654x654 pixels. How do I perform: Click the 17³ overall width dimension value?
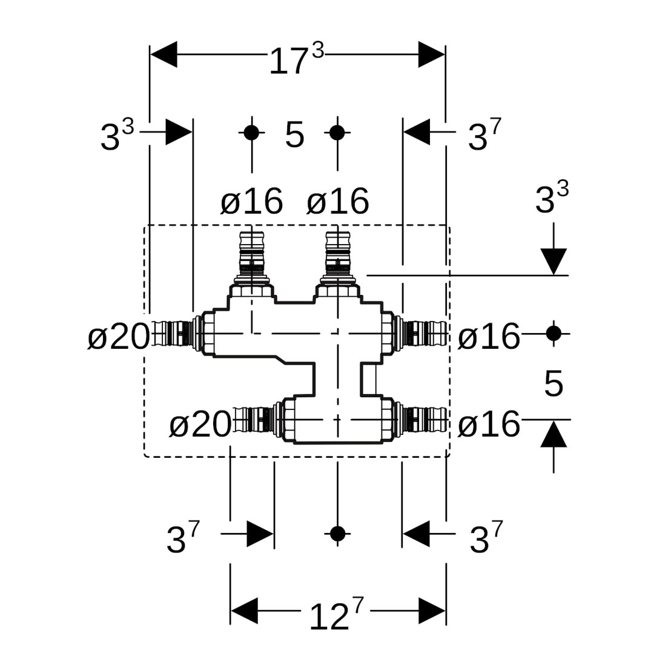tap(296, 59)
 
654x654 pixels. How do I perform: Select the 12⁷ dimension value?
tap(335, 615)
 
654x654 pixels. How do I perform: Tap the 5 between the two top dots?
tap(294, 134)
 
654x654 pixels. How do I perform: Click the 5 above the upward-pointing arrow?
tap(553, 384)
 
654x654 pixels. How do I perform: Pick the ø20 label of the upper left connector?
tap(119, 337)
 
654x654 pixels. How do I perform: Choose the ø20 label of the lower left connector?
tap(200, 424)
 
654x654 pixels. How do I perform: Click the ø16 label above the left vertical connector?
tap(251, 201)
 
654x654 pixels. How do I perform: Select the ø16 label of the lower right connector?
tap(489, 424)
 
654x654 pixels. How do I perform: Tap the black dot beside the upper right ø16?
tap(553, 333)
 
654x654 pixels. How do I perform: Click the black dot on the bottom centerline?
tap(337, 533)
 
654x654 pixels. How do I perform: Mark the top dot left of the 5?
tap(251, 133)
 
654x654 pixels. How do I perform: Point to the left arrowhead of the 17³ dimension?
tap(163, 54)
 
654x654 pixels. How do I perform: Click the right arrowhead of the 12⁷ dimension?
tap(432, 610)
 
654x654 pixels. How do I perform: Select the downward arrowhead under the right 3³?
tap(553, 261)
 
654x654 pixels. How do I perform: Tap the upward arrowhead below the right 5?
tap(553, 435)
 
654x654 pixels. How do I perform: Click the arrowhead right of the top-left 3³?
tap(179, 132)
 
